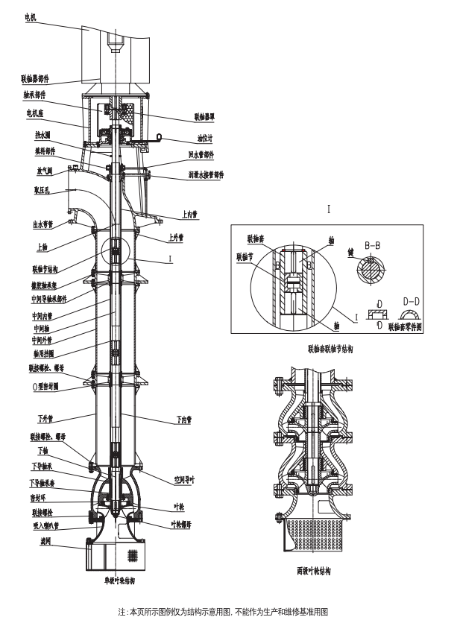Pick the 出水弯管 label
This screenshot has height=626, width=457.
(44, 223)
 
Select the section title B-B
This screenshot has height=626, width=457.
(374, 244)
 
